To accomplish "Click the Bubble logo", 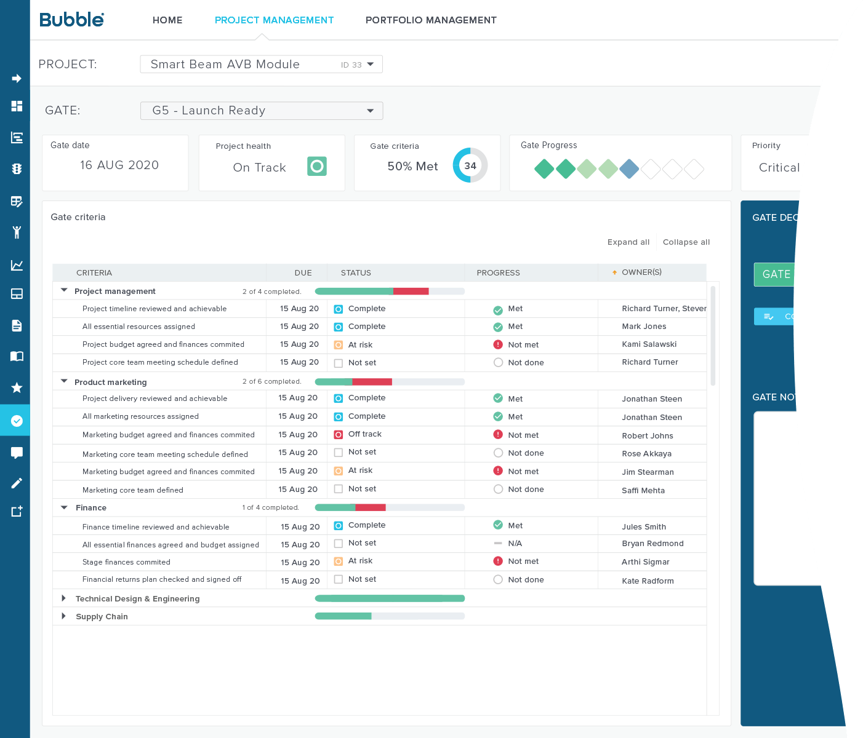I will tap(71, 20).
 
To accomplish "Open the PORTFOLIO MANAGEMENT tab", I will tap(431, 20).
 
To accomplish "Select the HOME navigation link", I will tap(167, 20).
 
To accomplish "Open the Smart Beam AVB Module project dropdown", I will tap(261, 65).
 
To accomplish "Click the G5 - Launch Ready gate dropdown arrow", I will tap(370, 111).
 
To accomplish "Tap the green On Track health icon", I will tap(317, 166).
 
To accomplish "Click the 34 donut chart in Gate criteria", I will tap(470, 165).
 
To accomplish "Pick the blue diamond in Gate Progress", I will tap(629, 169).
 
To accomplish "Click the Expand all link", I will tap(628, 242).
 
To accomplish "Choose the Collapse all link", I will tap(686, 242).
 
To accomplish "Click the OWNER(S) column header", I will tap(641, 272).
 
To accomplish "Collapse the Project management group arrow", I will tap(64, 290).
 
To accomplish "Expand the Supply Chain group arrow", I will tap(63, 616).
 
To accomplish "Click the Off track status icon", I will tap(338, 435).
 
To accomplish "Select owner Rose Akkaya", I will tap(646, 454).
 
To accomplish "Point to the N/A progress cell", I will tap(515, 544).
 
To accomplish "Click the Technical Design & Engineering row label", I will tap(137, 599).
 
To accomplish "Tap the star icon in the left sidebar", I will tap(17, 387).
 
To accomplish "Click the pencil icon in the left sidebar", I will tap(17, 483).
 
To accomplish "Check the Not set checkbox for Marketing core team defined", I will tap(338, 489).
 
